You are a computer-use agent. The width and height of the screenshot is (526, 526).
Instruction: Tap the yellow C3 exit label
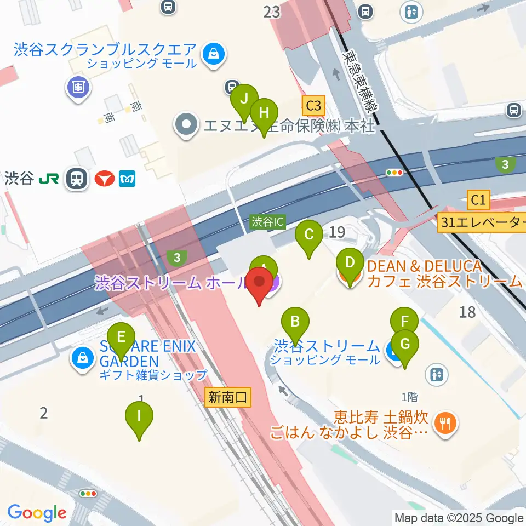pyautogui.click(x=314, y=105)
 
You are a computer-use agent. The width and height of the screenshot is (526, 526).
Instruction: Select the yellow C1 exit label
pyautogui.click(x=478, y=200)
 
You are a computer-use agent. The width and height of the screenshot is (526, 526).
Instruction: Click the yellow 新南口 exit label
pyautogui.click(x=228, y=397)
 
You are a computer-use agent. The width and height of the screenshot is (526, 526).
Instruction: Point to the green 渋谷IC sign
pyautogui.click(x=268, y=222)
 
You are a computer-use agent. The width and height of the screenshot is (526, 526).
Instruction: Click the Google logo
pyautogui.click(x=37, y=513)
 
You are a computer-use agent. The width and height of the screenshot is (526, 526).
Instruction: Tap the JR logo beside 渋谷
pyautogui.click(x=50, y=179)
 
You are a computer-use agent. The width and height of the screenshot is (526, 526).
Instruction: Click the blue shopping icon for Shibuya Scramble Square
pyautogui.click(x=211, y=54)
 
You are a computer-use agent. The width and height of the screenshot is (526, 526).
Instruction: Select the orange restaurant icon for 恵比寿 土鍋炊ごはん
pyautogui.click(x=444, y=424)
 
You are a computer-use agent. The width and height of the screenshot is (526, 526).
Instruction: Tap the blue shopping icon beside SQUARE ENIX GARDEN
pyautogui.click(x=82, y=359)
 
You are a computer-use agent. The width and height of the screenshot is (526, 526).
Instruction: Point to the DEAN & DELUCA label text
pyautogui.click(x=424, y=267)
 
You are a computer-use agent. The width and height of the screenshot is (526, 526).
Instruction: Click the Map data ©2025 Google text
pyautogui.click(x=459, y=518)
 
